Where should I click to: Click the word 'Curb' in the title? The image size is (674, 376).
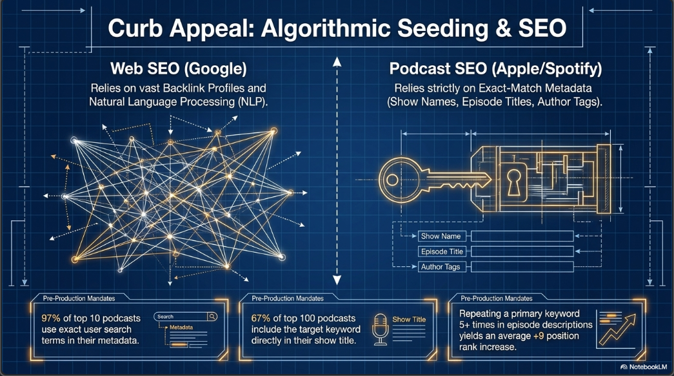tap(135, 28)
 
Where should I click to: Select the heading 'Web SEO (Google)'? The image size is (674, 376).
tap(179, 69)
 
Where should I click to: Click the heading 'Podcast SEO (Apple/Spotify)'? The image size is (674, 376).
tap(495, 69)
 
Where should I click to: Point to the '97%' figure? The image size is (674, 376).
tap(51, 319)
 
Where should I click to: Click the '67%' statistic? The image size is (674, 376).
tap(261, 319)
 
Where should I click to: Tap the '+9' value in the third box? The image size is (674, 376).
tap(539, 336)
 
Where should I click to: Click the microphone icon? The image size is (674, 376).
tap(381, 329)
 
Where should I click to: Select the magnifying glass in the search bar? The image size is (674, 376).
tap(212, 317)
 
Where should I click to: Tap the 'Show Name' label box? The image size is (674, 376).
tap(441, 236)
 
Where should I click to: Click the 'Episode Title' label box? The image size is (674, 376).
tap(442, 251)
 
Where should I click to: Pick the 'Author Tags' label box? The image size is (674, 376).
tap(441, 267)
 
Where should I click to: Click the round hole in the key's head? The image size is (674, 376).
tap(392, 180)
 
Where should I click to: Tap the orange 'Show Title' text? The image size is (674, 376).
tap(409, 320)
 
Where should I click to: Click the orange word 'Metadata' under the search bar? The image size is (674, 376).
tap(181, 328)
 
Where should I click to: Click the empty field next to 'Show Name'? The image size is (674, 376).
tap(522, 236)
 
